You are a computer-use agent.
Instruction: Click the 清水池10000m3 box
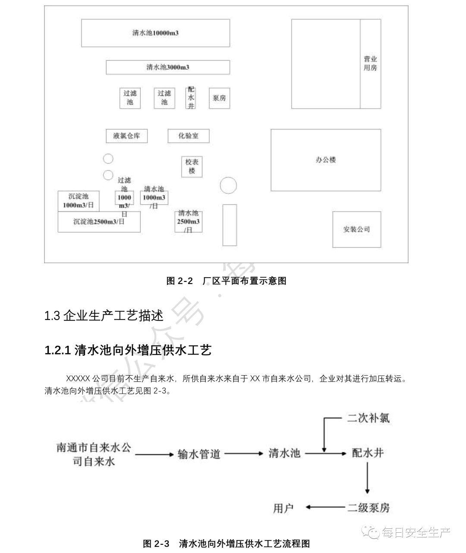(155, 33)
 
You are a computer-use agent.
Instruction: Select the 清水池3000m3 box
(168, 67)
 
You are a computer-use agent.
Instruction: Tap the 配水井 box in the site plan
(191, 98)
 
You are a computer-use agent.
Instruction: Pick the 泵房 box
(219, 98)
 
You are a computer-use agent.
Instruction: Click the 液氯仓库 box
(126, 136)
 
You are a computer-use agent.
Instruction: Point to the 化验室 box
(189, 136)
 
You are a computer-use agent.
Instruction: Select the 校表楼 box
(192, 167)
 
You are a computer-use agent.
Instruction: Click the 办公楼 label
(326, 160)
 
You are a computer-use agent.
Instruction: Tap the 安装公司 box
(356, 229)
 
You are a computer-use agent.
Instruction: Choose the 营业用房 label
(370, 63)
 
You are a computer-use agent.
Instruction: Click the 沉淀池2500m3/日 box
(99, 222)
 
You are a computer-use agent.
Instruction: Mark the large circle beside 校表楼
(228, 186)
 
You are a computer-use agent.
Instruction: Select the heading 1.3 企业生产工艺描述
(104, 316)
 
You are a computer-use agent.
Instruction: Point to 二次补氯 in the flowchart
(368, 418)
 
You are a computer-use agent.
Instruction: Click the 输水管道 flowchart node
(199, 454)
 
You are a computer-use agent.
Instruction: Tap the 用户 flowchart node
(283, 508)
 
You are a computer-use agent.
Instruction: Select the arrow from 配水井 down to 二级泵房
(367, 478)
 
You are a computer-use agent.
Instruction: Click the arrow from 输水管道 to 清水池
(244, 454)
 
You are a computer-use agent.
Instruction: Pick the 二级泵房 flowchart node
(368, 508)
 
